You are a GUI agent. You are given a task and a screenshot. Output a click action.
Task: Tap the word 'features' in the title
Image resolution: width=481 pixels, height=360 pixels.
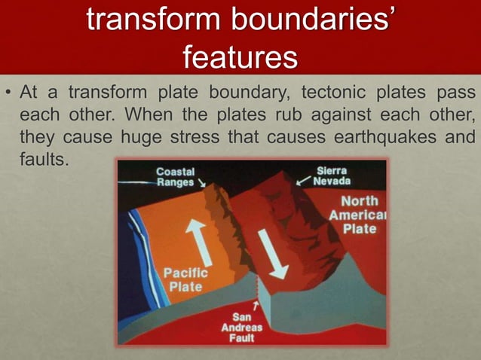(x=240, y=56)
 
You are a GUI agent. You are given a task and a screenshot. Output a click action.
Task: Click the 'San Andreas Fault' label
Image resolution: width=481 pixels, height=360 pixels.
(x=242, y=328)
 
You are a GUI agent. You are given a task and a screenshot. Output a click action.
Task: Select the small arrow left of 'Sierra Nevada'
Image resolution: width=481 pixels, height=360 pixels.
(x=302, y=181)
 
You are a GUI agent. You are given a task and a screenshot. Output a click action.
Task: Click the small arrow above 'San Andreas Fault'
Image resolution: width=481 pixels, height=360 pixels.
(x=256, y=304)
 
